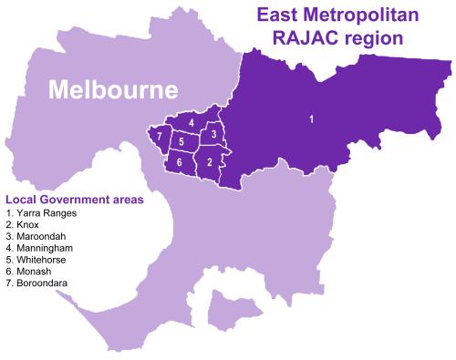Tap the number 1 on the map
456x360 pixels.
(x=312, y=118)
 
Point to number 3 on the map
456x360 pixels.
(x=212, y=135)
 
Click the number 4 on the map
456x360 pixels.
(x=191, y=122)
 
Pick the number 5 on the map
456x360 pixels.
(x=181, y=142)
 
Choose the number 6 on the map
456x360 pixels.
(x=180, y=162)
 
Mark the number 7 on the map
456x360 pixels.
(x=160, y=138)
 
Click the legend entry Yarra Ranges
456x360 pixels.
(x=46, y=212)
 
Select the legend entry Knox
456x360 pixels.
(x=27, y=224)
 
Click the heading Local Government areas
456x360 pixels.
(x=74, y=199)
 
